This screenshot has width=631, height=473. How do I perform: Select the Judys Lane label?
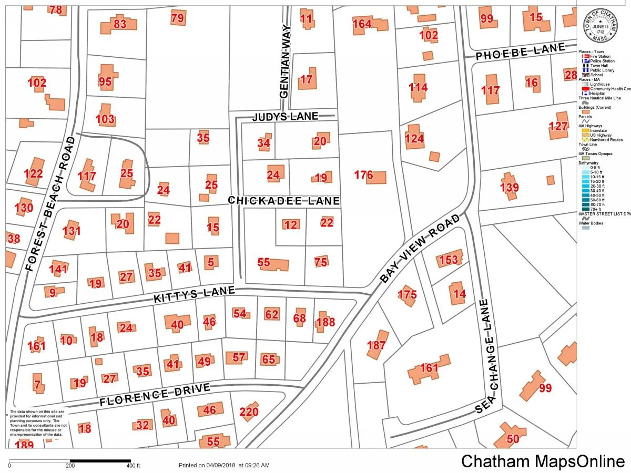[286, 116]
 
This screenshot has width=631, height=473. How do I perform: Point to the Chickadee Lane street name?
[284, 201]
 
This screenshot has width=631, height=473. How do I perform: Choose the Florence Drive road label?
[155, 395]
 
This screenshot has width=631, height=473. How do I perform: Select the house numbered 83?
[120, 24]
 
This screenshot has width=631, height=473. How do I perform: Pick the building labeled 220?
[249, 412]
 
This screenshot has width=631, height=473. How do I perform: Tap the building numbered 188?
[324, 322]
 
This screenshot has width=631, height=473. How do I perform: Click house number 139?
[509, 187]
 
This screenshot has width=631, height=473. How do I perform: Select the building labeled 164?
[363, 24]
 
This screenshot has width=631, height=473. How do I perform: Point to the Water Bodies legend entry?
[592, 223]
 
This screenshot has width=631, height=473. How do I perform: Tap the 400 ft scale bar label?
[133, 466]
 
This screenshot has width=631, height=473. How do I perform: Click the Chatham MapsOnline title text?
[542, 461]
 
